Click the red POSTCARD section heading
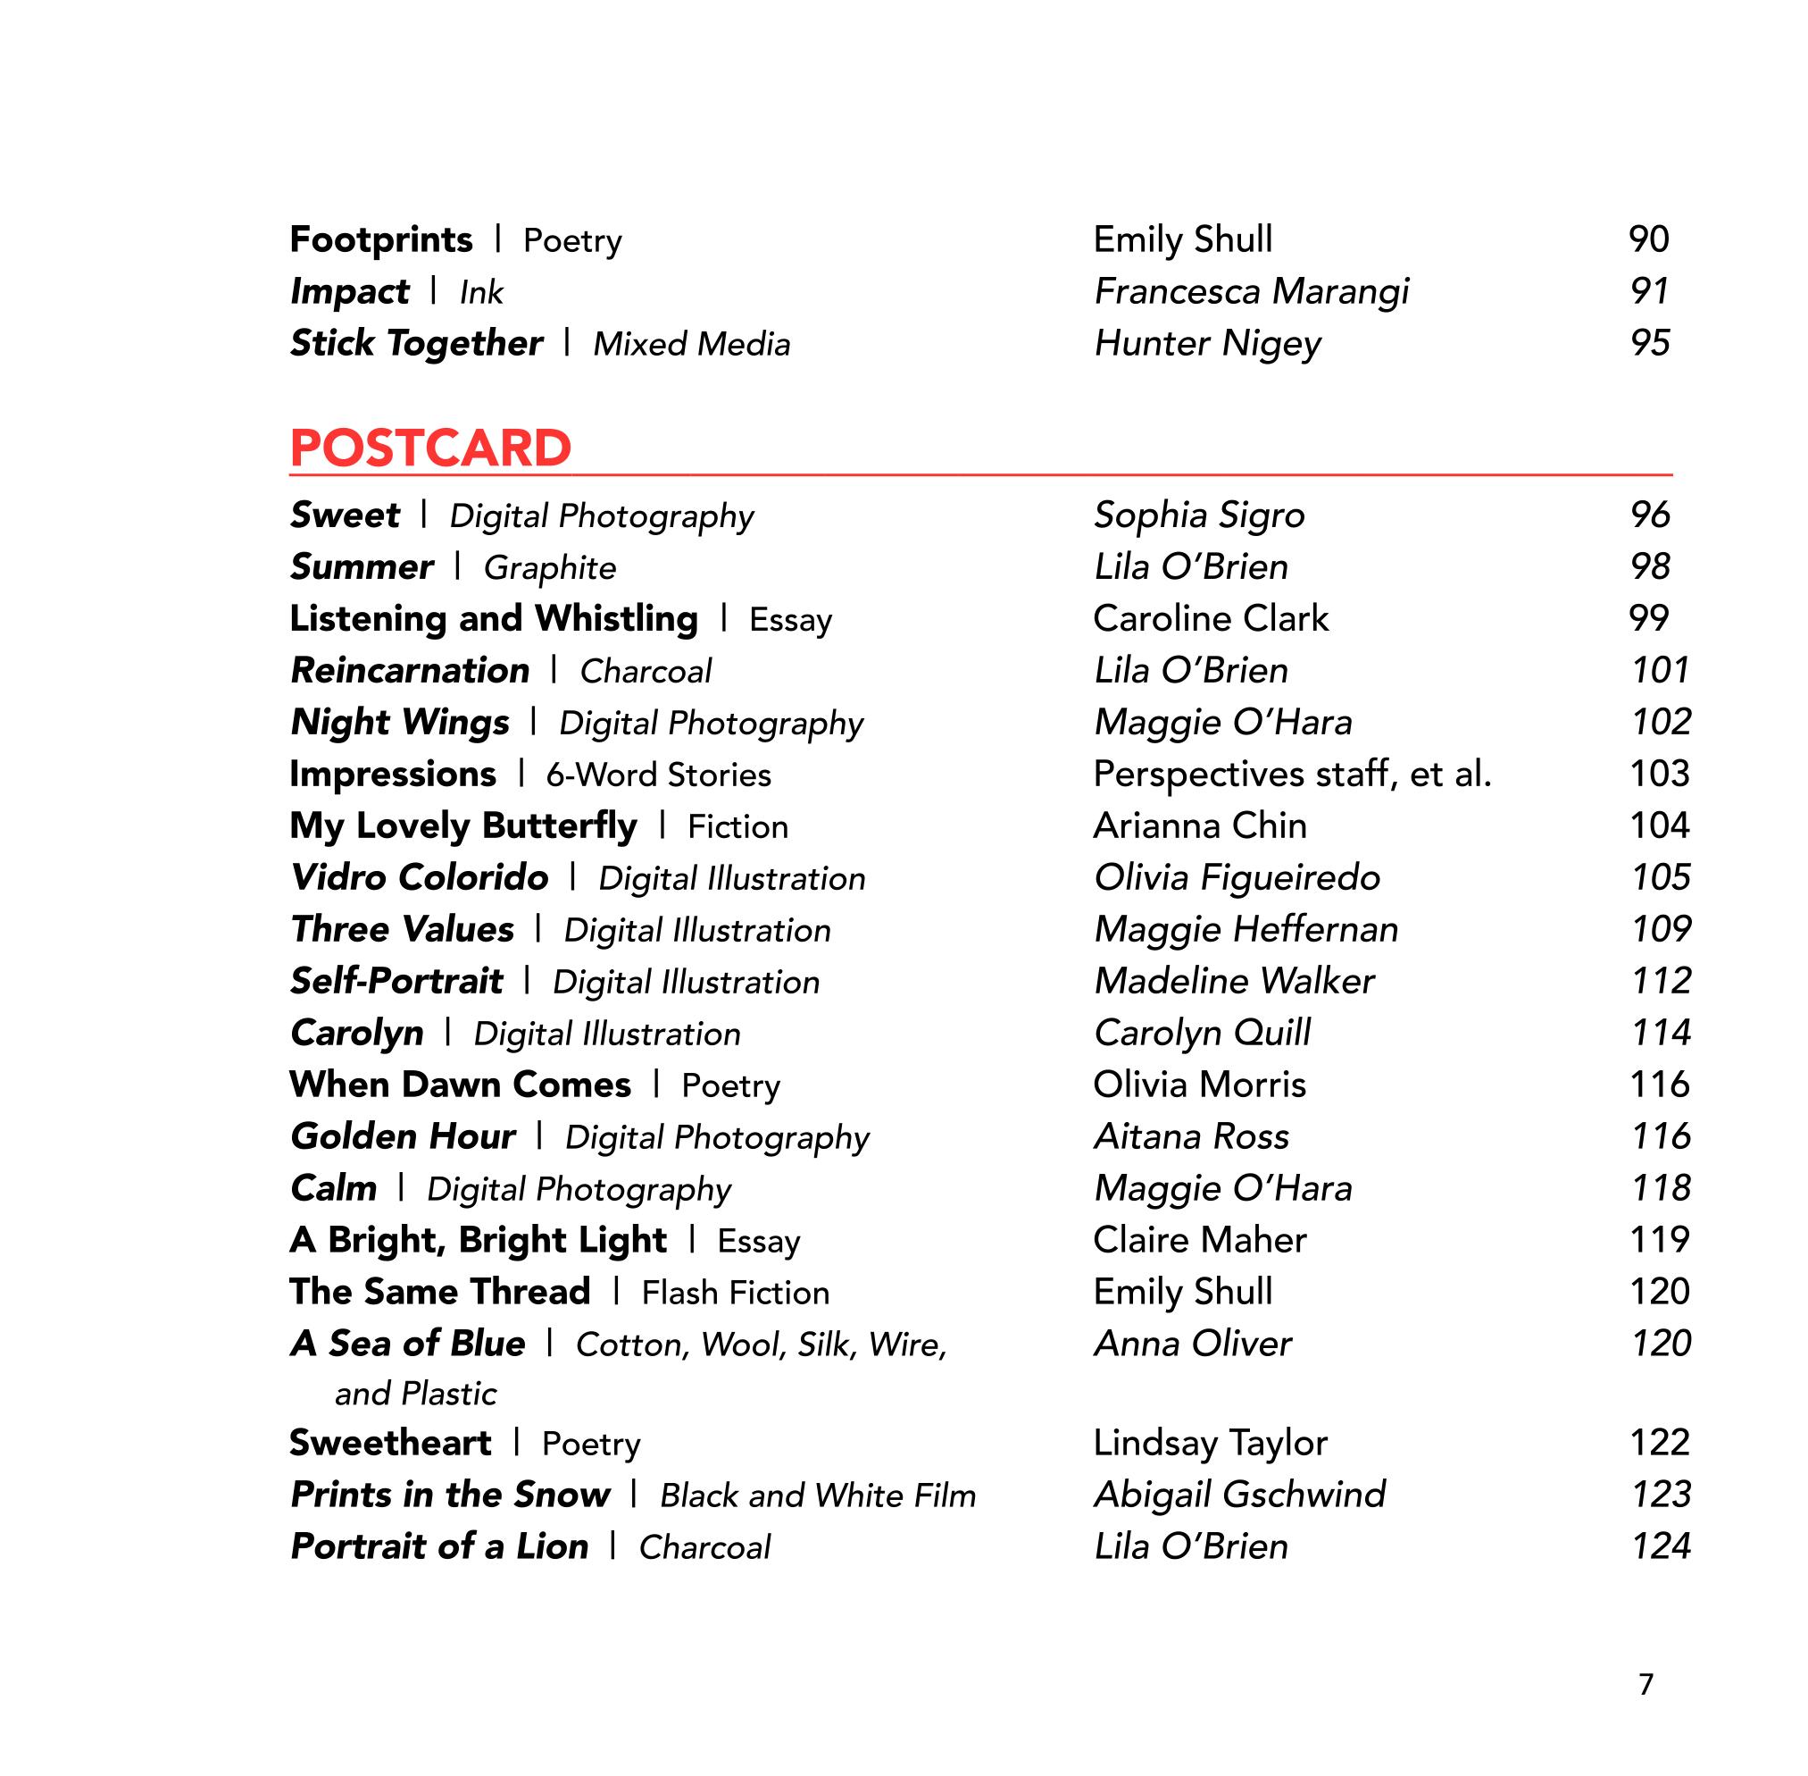coord(429,448)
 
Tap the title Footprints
coord(380,239)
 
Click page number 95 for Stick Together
coord(1648,343)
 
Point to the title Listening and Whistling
coord(493,619)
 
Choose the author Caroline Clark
coord(1211,619)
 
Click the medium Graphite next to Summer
coord(549,568)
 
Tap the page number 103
coord(1659,775)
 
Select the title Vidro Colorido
coord(419,878)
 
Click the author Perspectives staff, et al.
coord(1291,775)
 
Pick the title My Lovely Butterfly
coord(462,826)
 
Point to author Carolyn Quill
coord(1202,1034)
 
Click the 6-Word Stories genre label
coord(658,775)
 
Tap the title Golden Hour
coord(403,1137)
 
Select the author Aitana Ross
coord(1191,1137)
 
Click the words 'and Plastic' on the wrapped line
coord(415,1394)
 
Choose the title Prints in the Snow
coord(449,1495)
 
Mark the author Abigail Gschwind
coord(1239,1495)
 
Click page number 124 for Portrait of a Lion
coord(1660,1546)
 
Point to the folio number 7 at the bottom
coord(1646,1685)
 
